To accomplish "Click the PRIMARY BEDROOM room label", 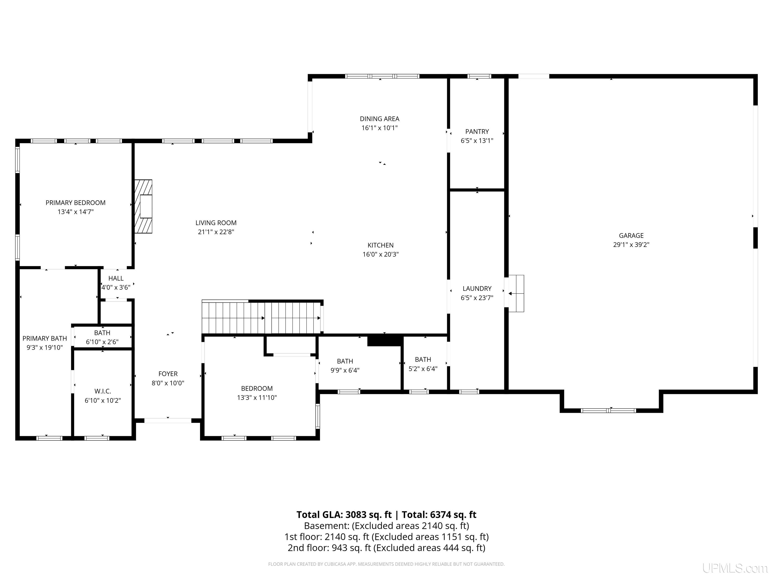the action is [x=75, y=203].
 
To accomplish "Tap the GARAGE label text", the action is [x=631, y=236].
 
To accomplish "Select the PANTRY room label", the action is [x=477, y=131].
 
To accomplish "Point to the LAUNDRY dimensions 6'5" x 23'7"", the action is [x=477, y=298].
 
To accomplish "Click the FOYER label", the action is [x=168, y=374].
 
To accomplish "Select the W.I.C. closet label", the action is [x=103, y=391].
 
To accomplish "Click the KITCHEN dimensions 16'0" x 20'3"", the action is [x=380, y=255].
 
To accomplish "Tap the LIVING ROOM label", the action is [x=216, y=223].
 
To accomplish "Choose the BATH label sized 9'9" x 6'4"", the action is [x=345, y=361].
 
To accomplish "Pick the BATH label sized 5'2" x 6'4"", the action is [x=423, y=359].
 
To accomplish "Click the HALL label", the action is [x=116, y=278].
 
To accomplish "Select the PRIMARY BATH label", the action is [x=45, y=338].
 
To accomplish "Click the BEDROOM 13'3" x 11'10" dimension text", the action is [x=257, y=397].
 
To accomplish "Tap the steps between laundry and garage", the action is [x=516, y=293].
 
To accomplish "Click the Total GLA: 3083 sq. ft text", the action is [x=344, y=515].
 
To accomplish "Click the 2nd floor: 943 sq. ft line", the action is [x=386, y=548].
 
